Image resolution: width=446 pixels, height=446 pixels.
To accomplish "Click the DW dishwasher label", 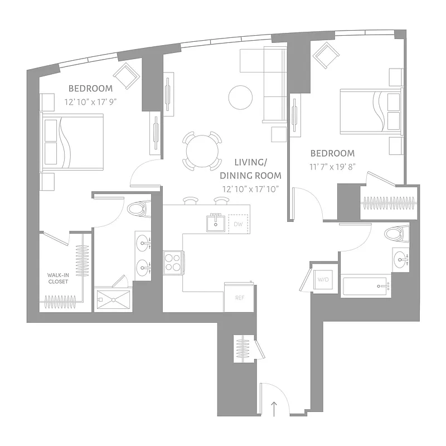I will click(x=238, y=224).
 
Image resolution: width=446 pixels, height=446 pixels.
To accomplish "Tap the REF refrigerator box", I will click(x=239, y=298).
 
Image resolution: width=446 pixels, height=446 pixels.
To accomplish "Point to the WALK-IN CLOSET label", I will click(x=57, y=278).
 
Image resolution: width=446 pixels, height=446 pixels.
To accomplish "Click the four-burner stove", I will click(x=173, y=261).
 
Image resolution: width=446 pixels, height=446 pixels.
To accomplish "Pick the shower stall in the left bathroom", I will click(x=113, y=299).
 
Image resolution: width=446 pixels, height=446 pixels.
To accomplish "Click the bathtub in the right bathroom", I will click(x=365, y=286).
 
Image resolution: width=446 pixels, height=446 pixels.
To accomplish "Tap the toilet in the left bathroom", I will click(x=136, y=209).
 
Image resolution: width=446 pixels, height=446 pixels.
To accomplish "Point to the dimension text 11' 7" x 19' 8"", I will click(x=332, y=166).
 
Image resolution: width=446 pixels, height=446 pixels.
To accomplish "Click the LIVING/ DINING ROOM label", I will click(x=250, y=168).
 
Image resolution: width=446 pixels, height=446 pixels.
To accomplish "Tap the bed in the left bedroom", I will click(x=72, y=142).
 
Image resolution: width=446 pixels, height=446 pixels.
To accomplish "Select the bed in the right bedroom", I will click(x=371, y=111).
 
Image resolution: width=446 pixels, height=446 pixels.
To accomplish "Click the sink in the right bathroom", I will click(x=401, y=258).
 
